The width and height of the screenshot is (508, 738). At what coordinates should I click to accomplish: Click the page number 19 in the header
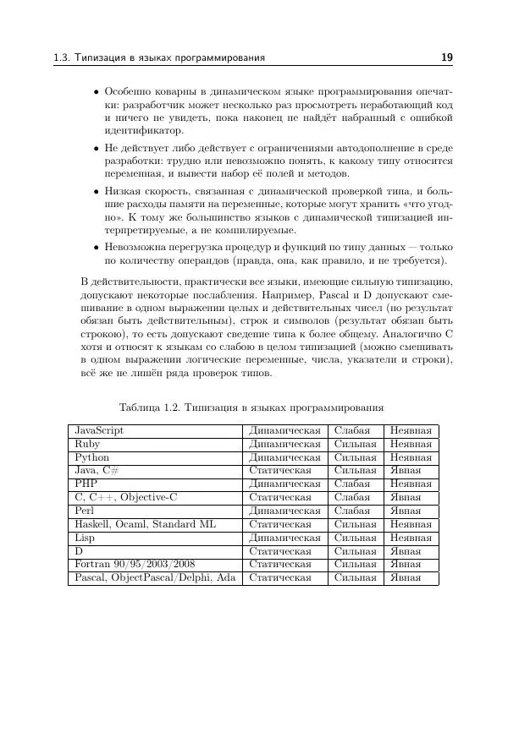(x=447, y=57)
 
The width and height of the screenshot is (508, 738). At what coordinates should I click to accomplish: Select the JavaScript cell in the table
(x=99, y=430)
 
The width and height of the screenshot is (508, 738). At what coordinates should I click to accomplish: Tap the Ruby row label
(x=87, y=444)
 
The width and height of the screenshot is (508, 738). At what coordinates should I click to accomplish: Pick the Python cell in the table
(x=91, y=457)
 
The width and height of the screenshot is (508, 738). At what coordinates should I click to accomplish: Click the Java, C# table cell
(x=97, y=471)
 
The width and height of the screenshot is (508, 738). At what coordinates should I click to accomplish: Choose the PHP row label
(x=86, y=484)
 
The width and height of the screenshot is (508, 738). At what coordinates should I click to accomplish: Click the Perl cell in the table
(x=86, y=511)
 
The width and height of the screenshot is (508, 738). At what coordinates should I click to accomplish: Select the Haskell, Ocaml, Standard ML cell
(x=145, y=525)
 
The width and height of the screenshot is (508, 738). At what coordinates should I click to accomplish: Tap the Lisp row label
(x=85, y=538)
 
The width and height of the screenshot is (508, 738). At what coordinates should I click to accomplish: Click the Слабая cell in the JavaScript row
(x=352, y=430)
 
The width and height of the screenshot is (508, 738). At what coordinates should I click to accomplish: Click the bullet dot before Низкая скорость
(x=96, y=194)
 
